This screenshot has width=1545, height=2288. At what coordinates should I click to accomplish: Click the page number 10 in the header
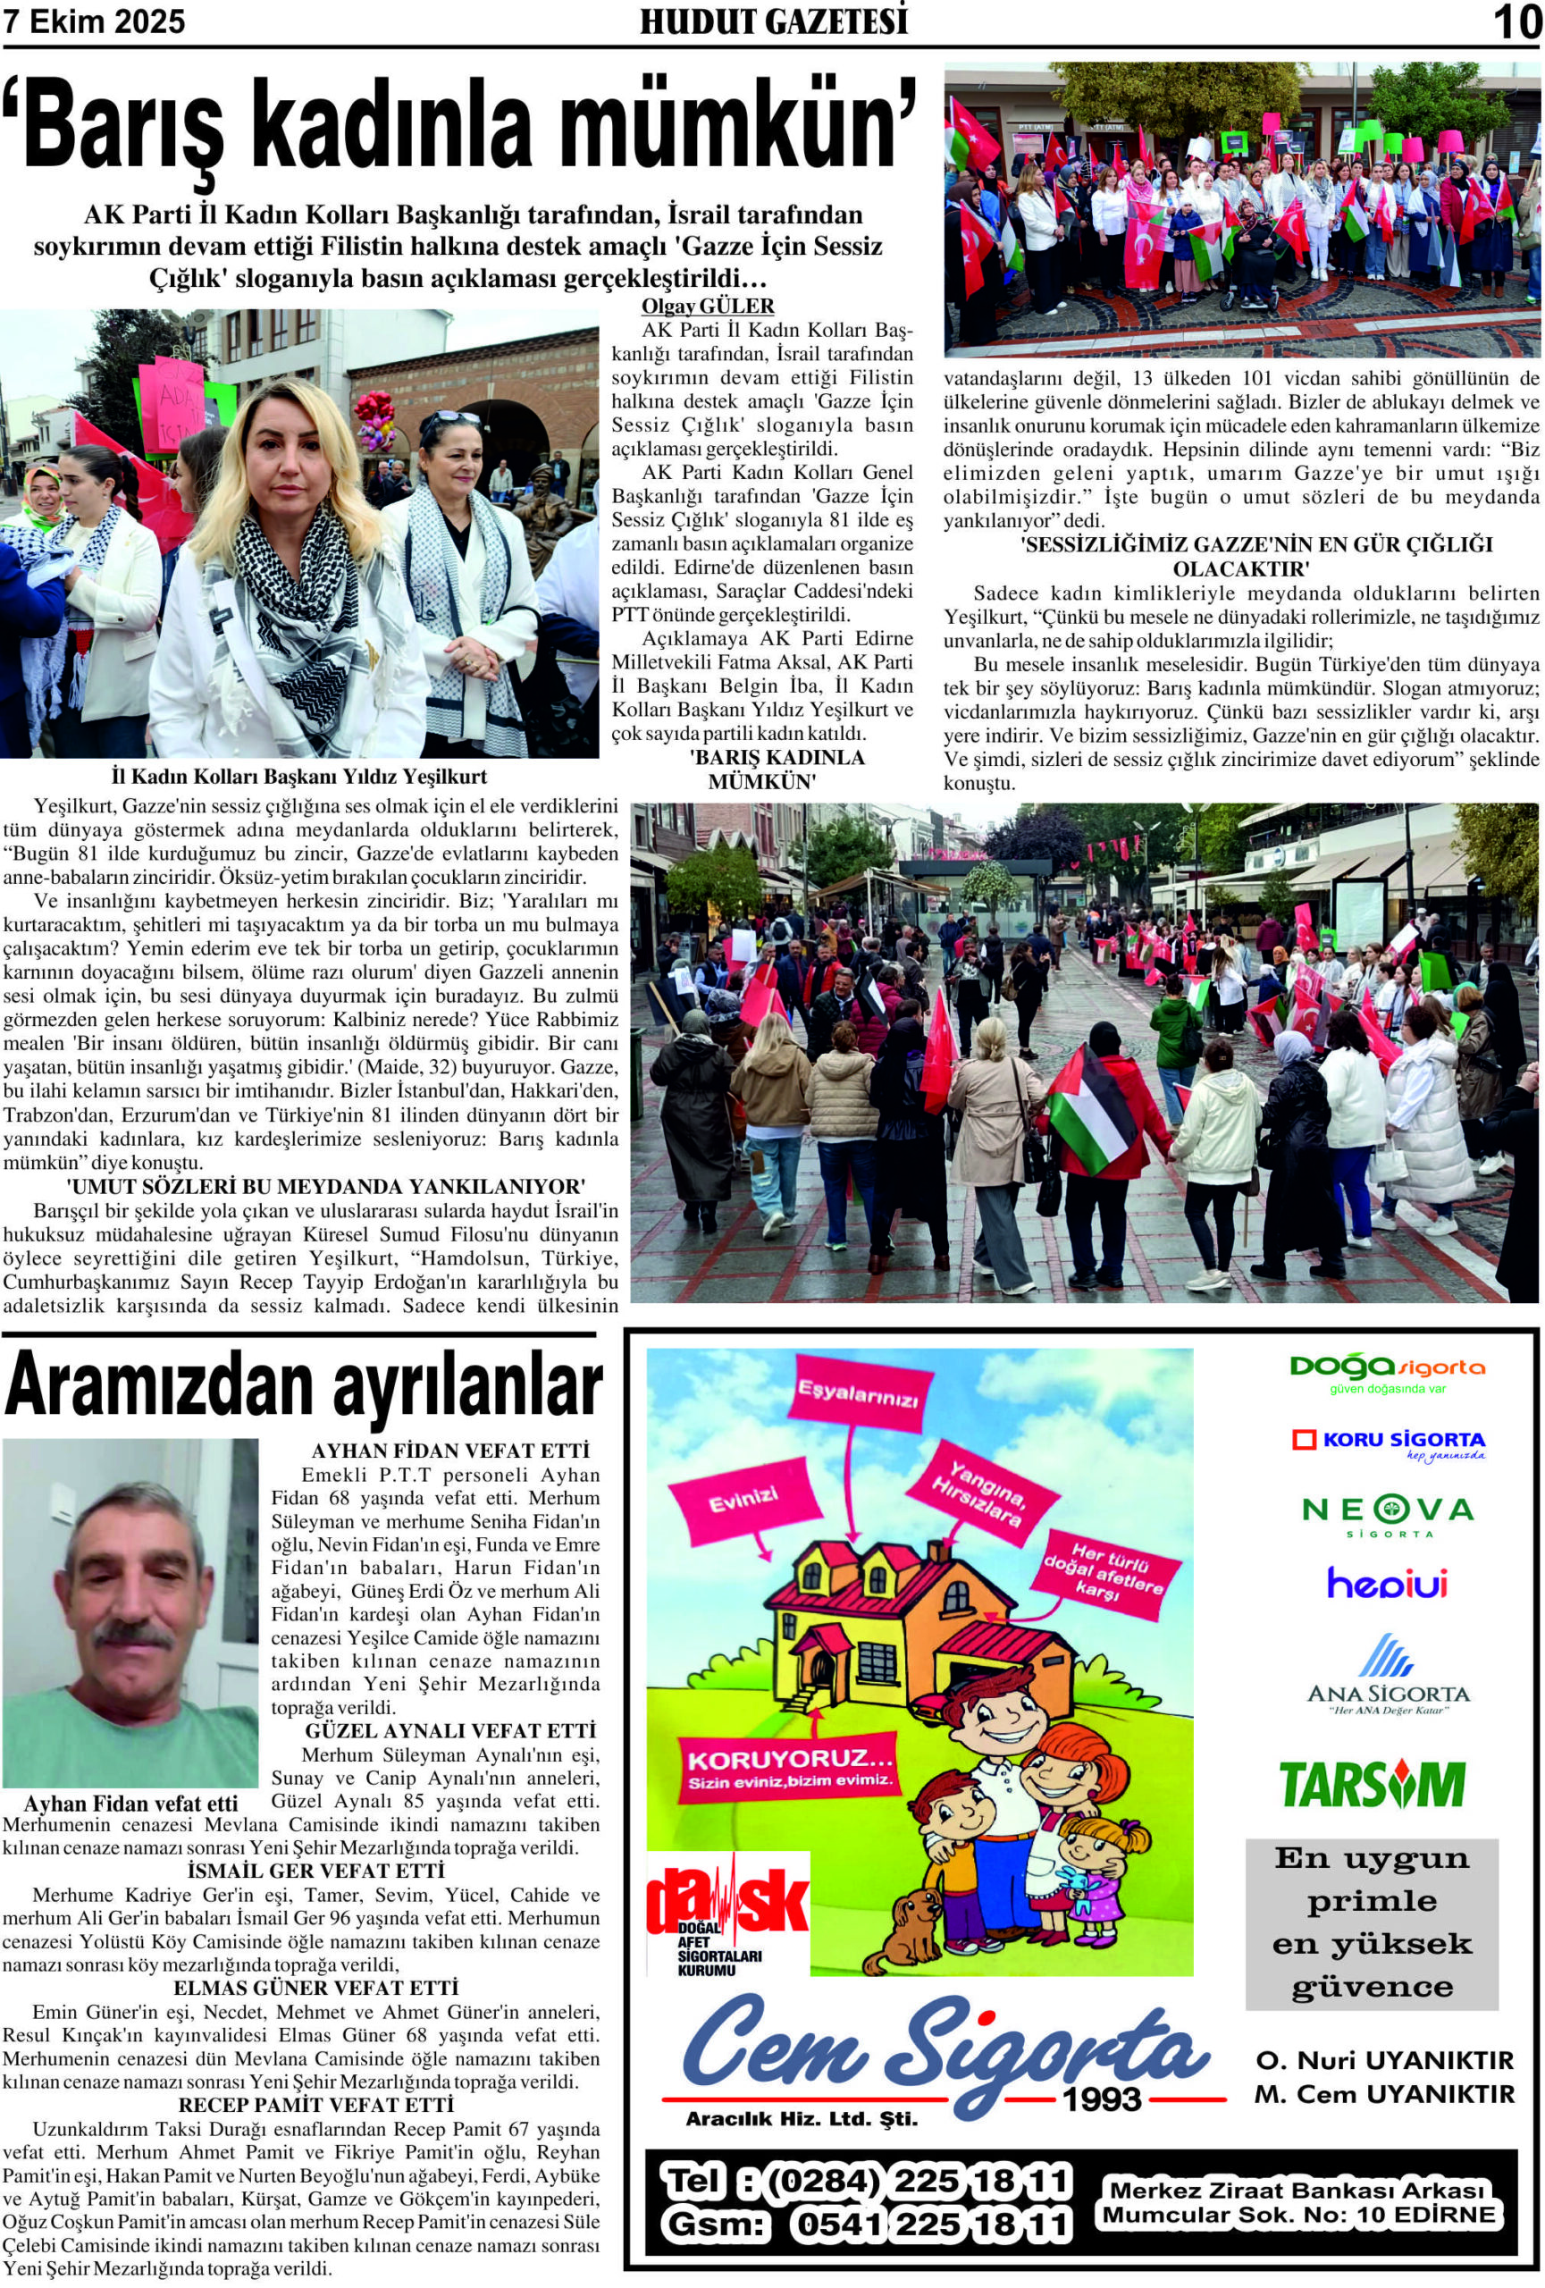click(x=1516, y=21)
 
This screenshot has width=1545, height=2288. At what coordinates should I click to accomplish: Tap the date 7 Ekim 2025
click(x=95, y=21)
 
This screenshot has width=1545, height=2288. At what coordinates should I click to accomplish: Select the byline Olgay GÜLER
click(x=707, y=307)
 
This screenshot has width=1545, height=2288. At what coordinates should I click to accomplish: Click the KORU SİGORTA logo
click(x=1388, y=1443)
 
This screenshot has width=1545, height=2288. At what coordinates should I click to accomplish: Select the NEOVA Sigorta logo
click(x=1387, y=1514)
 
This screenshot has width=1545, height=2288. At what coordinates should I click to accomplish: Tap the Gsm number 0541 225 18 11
click(x=930, y=2224)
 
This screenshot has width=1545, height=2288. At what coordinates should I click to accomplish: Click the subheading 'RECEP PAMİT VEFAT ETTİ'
click(x=316, y=2106)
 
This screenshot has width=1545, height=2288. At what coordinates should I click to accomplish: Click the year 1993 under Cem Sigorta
click(x=1100, y=2099)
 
